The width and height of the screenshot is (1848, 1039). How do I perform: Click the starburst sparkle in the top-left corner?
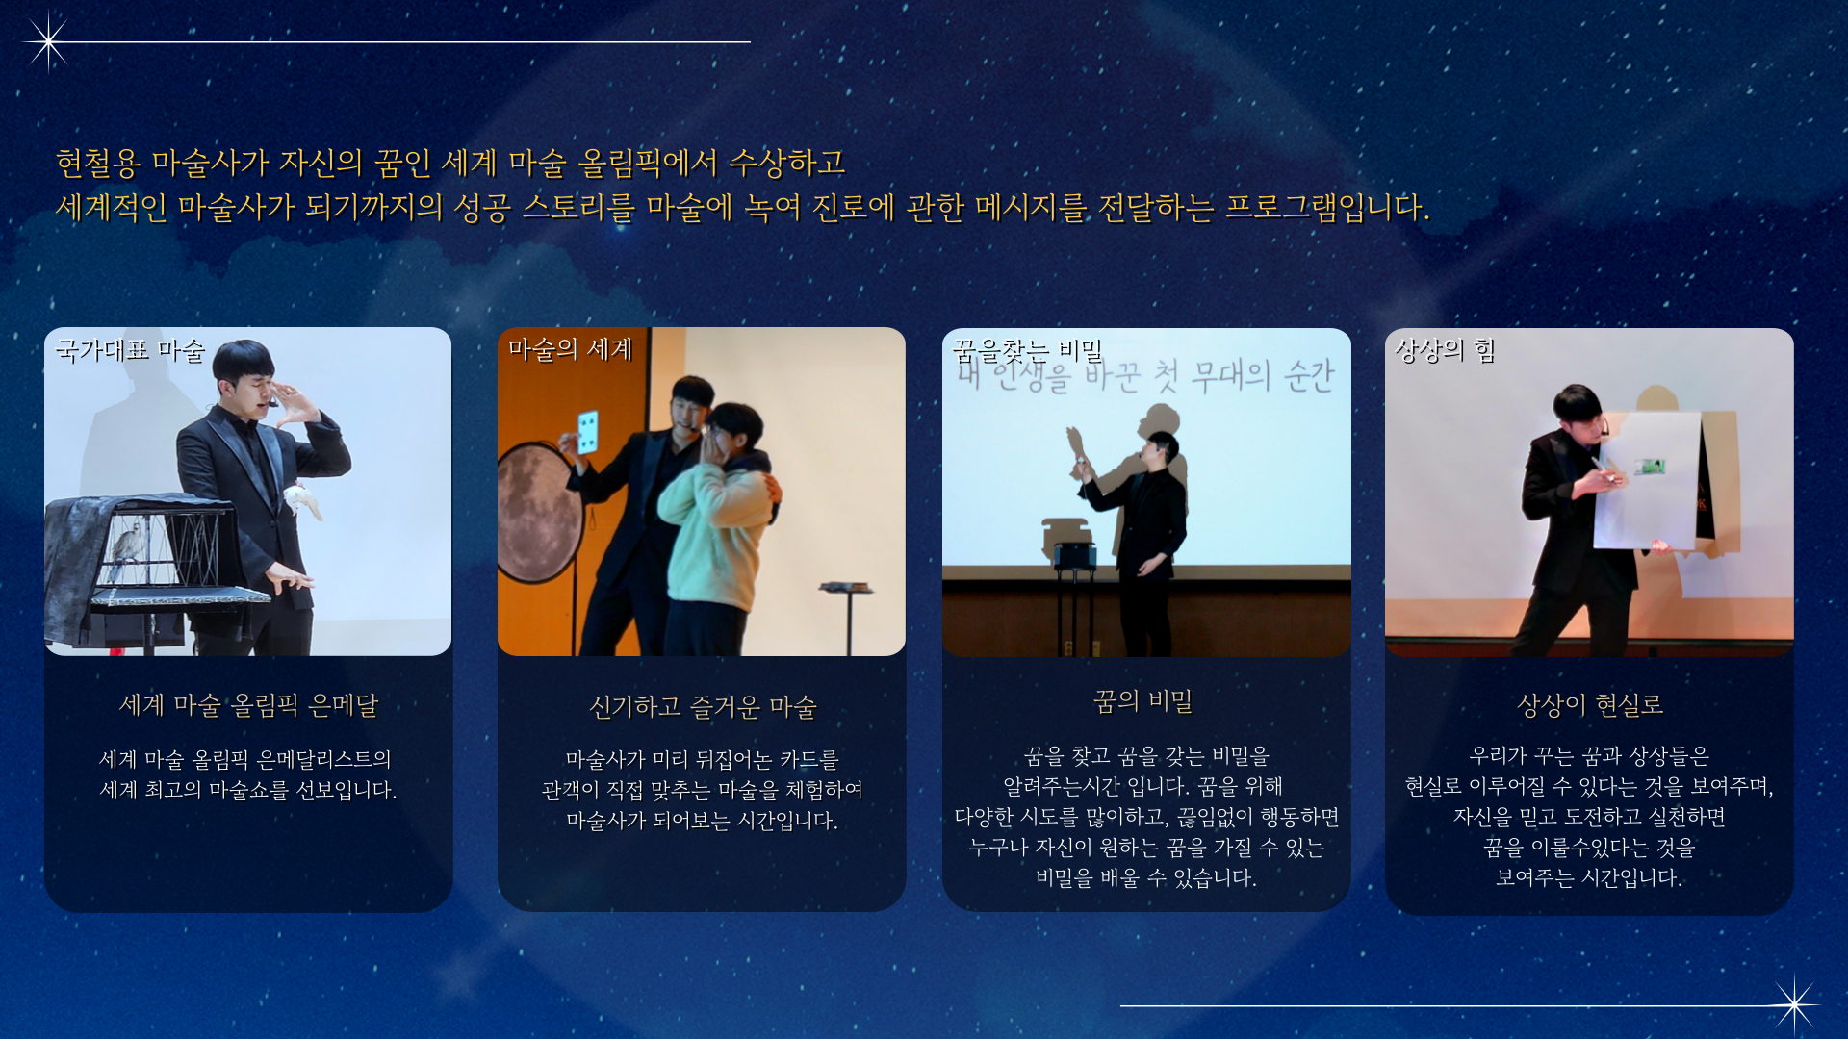(47, 41)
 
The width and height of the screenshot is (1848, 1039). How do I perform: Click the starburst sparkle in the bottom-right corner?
(1794, 1005)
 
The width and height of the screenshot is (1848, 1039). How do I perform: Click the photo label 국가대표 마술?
(130, 350)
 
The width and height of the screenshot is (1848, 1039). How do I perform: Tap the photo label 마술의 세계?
(570, 349)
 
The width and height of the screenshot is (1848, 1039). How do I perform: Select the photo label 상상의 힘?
(1445, 350)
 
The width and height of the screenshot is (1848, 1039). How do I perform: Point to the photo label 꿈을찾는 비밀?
(1027, 350)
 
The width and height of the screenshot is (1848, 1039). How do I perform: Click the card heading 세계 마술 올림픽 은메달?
(248, 705)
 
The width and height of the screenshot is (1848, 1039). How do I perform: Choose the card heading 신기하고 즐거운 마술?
(703, 707)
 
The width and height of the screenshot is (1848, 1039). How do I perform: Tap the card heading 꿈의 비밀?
(1142, 701)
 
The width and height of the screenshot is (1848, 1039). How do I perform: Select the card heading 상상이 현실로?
(1590, 705)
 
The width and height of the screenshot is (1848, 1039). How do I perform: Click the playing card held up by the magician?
(587, 432)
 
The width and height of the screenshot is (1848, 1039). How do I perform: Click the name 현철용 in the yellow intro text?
(98, 163)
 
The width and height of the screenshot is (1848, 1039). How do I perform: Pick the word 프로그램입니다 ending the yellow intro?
(1326, 207)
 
